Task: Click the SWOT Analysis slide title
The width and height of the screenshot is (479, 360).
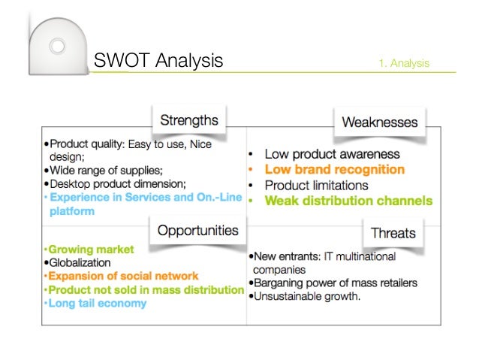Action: coord(158,61)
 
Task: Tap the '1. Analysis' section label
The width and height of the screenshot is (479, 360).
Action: coord(404,63)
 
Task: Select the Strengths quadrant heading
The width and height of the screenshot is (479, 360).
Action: coord(189,119)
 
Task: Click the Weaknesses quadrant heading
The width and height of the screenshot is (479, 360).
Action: coord(379,122)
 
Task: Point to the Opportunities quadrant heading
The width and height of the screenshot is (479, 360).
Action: coord(197,231)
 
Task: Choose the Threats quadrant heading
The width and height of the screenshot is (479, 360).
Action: coord(393,233)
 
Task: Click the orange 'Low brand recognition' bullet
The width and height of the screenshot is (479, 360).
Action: coord(334,170)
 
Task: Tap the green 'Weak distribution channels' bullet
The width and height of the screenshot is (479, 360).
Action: coord(348,201)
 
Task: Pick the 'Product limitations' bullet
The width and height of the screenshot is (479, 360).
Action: coord(316,185)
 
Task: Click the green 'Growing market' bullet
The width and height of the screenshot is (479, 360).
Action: coord(91,249)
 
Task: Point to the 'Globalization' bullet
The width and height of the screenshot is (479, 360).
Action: coord(80,262)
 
